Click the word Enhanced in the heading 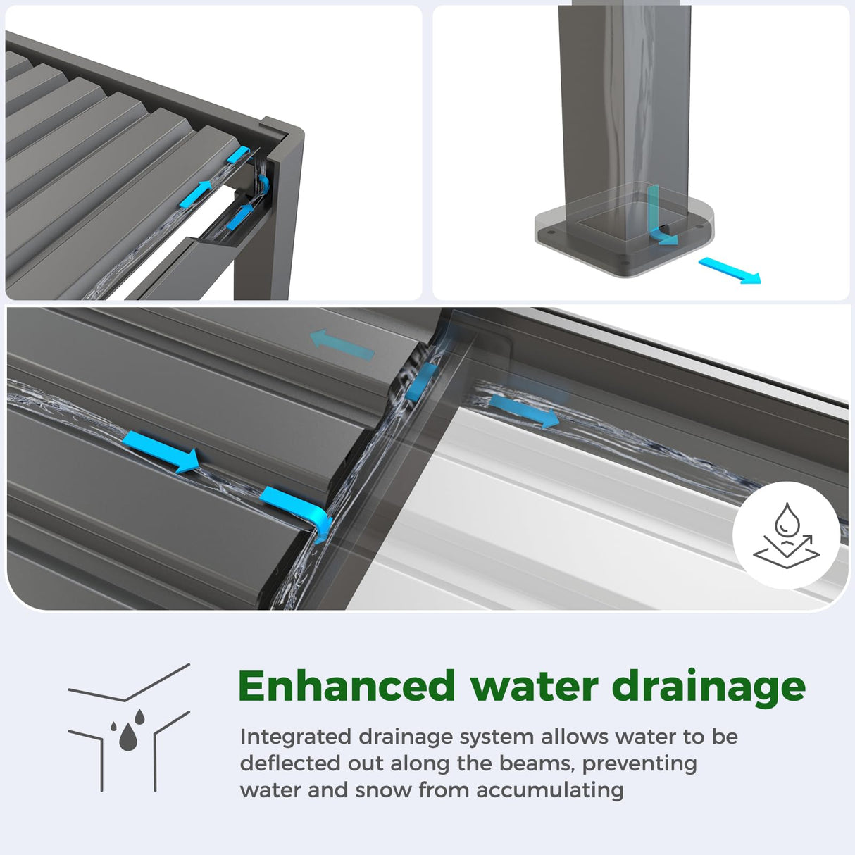pos(347,687)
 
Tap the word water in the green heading pos(535,687)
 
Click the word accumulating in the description pos(550,792)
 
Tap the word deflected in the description pos(291,763)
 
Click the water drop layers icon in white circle pos(786,535)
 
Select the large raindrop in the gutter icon pos(127,737)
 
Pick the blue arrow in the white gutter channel pos(523,411)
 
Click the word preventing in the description pos(639,765)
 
